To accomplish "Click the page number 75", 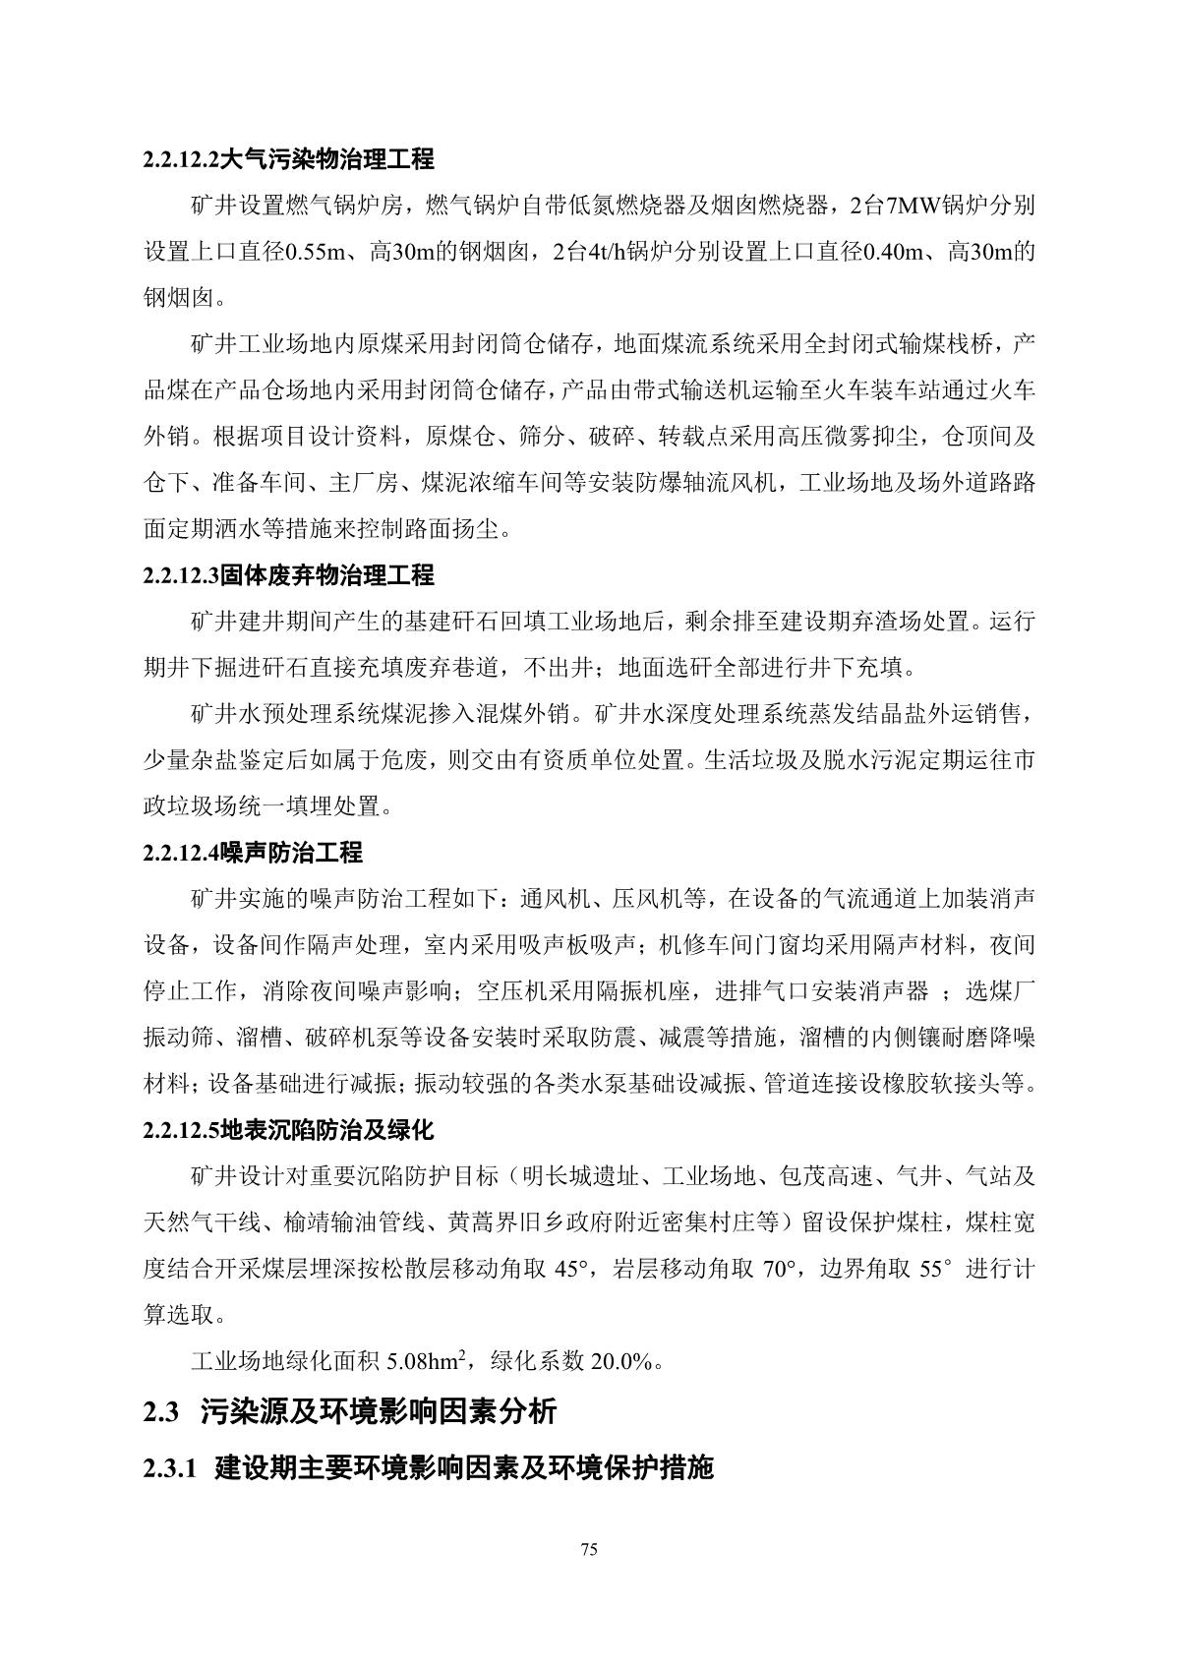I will coord(589,1551).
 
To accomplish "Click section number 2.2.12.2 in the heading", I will coord(181,159).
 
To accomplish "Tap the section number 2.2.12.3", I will coord(181,575).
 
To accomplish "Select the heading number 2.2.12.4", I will coord(181,853).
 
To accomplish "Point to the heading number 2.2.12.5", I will coord(181,1130).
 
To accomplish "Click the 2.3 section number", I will coord(161,1412).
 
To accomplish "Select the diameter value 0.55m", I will coord(315,252).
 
